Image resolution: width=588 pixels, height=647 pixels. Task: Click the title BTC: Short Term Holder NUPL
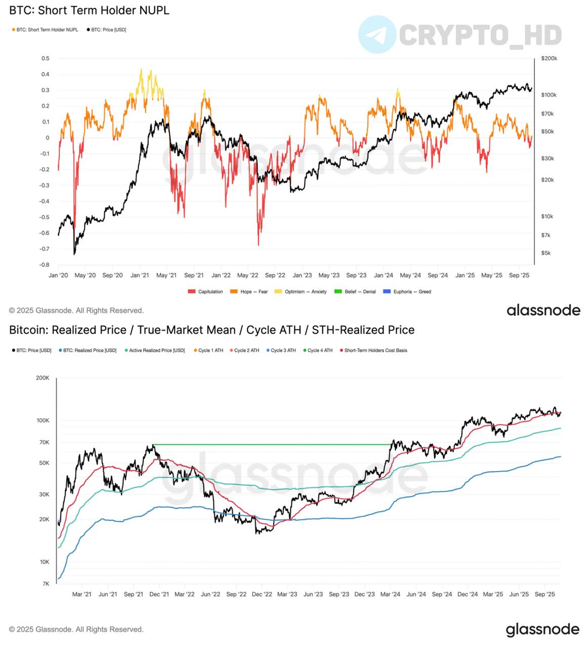click(89, 10)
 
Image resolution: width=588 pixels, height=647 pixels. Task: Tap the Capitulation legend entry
click(205, 292)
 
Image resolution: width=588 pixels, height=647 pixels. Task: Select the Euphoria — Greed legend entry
click(407, 292)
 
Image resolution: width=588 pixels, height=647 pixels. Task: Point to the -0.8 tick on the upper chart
click(45, 265)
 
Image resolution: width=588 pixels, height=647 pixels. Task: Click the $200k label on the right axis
click(549, 59)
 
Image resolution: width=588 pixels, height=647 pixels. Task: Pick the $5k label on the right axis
click(546, 253)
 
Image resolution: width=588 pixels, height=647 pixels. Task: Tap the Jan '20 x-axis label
click(58, 275)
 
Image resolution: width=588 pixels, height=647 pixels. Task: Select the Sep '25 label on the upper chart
click(519, 275)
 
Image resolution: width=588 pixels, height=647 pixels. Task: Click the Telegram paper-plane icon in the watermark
click(377, 34)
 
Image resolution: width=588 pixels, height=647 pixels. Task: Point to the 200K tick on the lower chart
click(42, 378)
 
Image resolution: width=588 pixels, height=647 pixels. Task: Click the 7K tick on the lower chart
click(45, 584)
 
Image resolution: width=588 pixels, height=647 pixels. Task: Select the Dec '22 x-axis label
click(262, 594)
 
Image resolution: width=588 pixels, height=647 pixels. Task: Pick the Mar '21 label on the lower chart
click(81, 594)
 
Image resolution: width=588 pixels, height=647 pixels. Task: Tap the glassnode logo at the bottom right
click(542, 629)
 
